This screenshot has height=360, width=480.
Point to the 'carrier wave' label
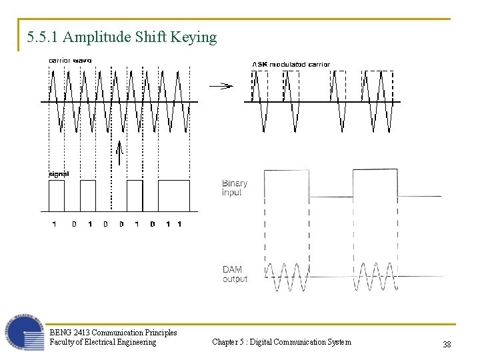pos(70,61)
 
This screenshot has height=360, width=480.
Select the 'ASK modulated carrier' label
pos(291,64)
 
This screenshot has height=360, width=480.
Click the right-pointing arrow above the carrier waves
pos(221,85)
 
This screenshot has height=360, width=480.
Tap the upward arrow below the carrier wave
pos(119,153)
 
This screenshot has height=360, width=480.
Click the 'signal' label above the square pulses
pos(59,174)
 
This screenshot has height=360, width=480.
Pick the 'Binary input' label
pos(235,187)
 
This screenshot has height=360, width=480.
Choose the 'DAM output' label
pos(234,274)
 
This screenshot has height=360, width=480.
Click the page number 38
pos(447,344)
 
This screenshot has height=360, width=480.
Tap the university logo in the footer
pos(25,332)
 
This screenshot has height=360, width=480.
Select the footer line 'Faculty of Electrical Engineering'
pos(103,342)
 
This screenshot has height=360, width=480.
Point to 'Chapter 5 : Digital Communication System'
pos(281,342)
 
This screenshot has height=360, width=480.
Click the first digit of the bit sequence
pos(54,224)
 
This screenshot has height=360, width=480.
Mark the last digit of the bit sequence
pos(179,224)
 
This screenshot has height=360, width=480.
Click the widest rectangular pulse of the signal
pos(173,195)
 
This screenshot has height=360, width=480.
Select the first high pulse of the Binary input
pos(287,183)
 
